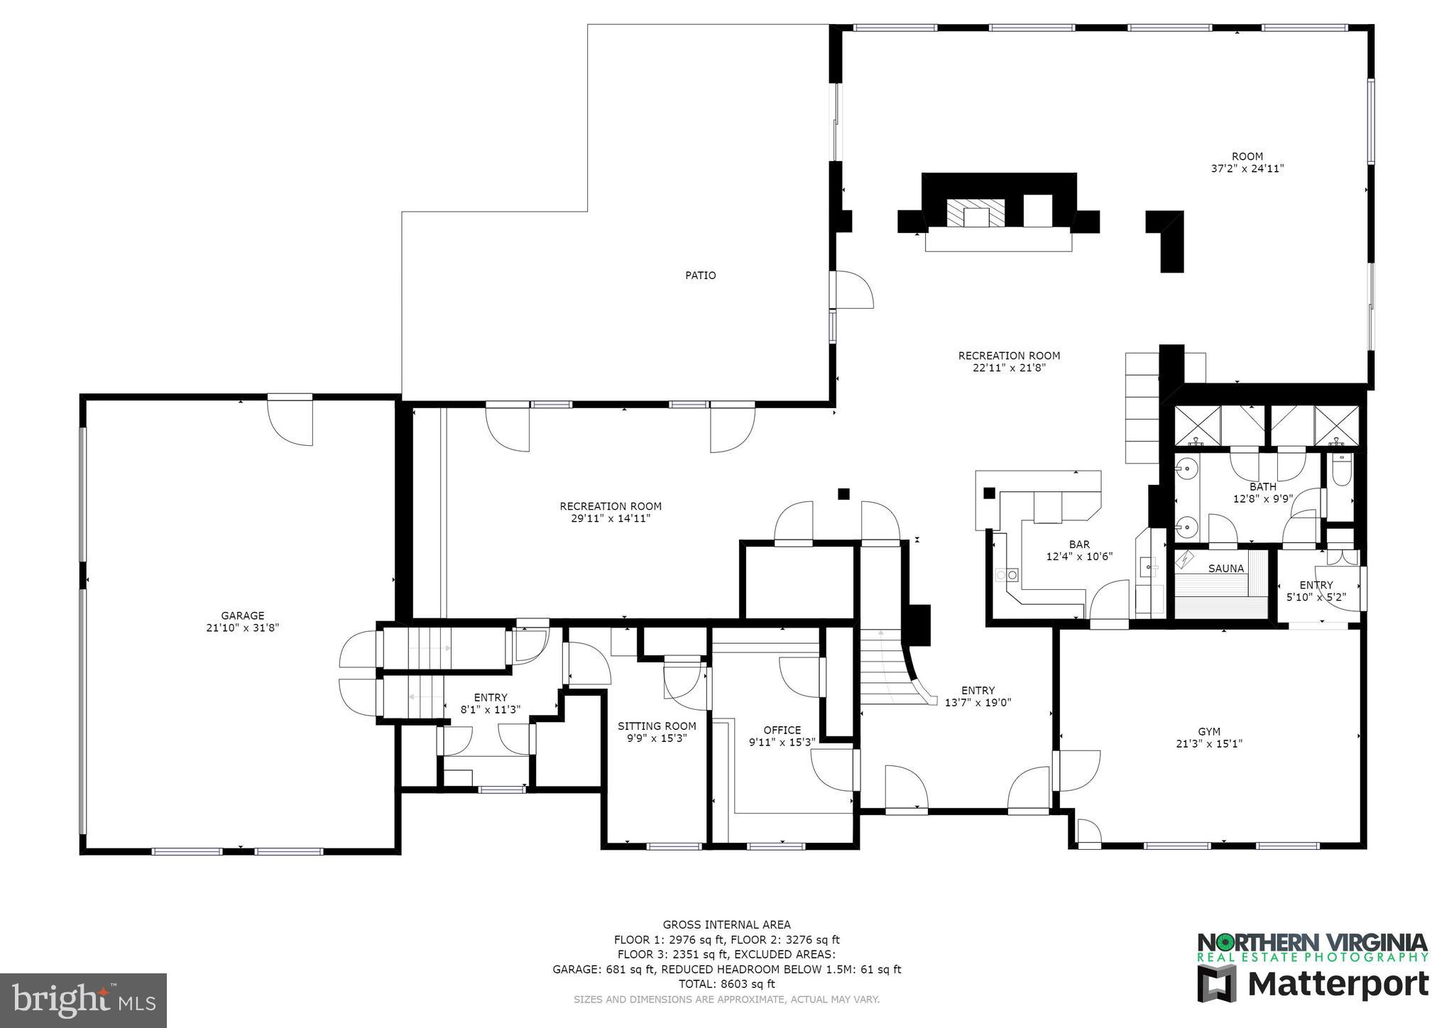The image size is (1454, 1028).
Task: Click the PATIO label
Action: (x=700, y=275)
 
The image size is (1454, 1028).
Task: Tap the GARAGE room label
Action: (x=242, y=616)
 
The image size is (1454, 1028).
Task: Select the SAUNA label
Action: (x=1226, y=569)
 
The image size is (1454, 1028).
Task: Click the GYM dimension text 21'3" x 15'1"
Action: (x=1209, y=744)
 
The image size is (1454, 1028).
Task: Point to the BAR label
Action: (x=1079, y=545)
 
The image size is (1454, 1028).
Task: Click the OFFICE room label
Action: (x=782, y=730)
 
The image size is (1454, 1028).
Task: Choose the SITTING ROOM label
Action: (x=657, y=726)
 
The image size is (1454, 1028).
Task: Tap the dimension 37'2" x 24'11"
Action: (x=1247, y=169)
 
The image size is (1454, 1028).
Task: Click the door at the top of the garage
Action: (x=290, y=420)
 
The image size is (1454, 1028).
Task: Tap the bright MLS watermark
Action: (x=84, y=1000)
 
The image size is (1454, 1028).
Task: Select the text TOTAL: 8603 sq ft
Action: (x=726, y=984)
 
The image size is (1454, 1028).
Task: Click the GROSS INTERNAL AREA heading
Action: (x=726, y=924)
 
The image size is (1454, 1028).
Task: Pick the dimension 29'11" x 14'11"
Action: (x=611, y=519)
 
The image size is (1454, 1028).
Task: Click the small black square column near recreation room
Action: (x=843, y=494)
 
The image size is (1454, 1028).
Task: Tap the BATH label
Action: (x=1262, y=486)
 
